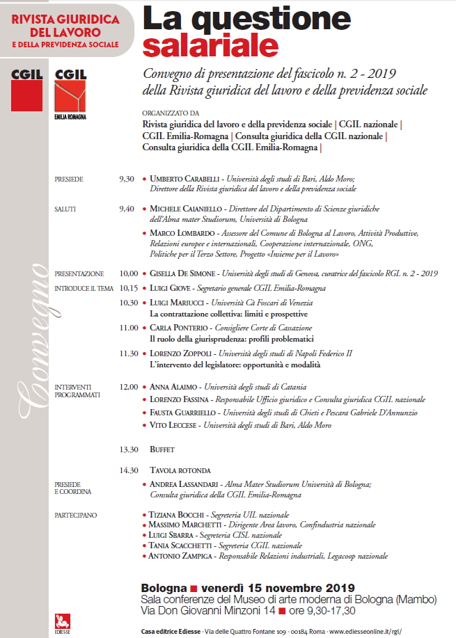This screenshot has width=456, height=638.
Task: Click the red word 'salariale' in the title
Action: tap(210, 45)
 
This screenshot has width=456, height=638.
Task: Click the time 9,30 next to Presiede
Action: tap(127, 180)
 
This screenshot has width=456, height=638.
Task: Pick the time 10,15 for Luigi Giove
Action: tap(129, 288)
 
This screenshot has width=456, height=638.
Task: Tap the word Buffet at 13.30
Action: tap(162, 449)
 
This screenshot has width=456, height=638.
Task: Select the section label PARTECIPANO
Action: tap(76, 515)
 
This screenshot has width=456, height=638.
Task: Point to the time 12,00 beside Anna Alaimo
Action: tap(129, 386)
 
